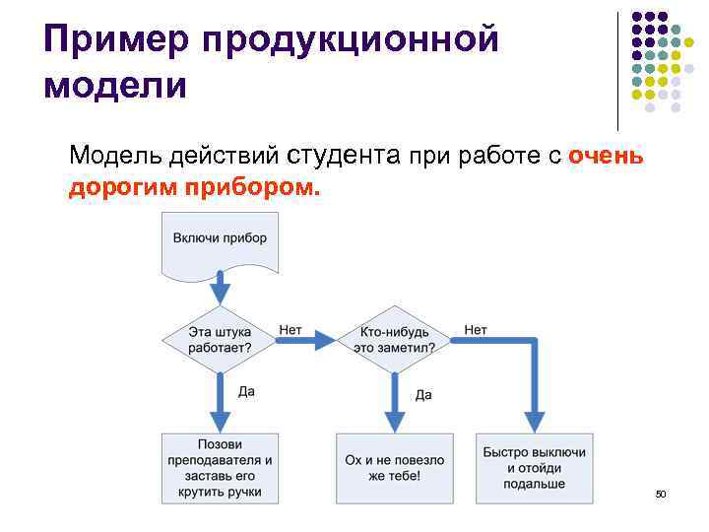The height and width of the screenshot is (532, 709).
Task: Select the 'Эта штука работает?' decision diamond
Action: click(220, 339)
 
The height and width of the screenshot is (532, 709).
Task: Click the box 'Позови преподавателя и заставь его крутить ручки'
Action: click(220, 468)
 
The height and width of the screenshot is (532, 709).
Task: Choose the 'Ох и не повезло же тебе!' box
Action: click(395, 468)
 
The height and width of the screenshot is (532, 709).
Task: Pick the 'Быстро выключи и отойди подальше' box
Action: click(535, 468)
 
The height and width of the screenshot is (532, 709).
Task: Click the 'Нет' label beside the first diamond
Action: click(290, 330)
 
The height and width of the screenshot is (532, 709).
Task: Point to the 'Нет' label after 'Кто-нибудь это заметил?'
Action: click(476, 330)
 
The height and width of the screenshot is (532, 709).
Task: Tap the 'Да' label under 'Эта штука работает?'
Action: click(246, 391)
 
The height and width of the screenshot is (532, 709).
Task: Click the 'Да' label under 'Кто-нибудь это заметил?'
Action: click(423, 394)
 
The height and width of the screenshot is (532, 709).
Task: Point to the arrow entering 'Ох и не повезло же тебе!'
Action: click(395, 409)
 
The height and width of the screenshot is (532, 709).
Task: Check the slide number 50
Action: click(661, 492)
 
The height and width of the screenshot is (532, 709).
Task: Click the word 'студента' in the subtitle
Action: click(344, 155)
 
